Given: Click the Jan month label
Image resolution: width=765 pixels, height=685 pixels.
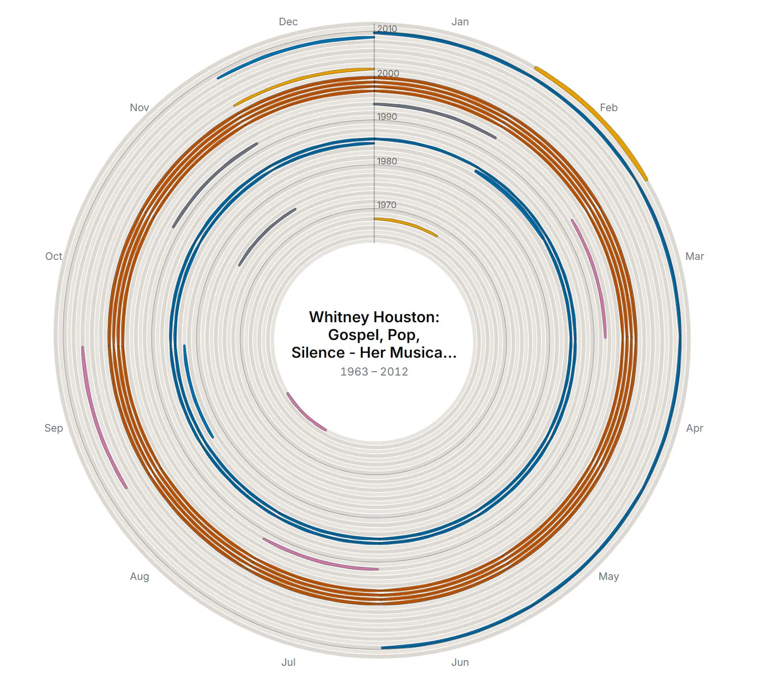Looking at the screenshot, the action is point(460,22).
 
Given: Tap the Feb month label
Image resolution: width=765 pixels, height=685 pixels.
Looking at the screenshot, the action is point(609,108).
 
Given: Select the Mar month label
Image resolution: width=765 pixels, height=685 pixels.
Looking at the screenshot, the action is point(695,257).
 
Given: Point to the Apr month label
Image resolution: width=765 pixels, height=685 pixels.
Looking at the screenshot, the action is point(695,428).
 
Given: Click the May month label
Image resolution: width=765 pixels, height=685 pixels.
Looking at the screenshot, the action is point(609,576).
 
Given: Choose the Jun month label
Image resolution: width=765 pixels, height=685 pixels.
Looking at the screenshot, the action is point(460,663).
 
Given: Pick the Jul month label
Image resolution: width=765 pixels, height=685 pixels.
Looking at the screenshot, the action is point(288,663).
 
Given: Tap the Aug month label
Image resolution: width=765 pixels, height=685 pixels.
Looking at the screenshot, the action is point(140,577).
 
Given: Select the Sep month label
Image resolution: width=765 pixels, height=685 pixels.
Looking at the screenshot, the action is point(54,428).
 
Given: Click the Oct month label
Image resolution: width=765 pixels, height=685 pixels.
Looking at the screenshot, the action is point(54,257).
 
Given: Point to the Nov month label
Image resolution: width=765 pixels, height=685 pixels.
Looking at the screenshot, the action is point(140,108).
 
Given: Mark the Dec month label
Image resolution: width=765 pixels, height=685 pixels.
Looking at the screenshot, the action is point(288,22).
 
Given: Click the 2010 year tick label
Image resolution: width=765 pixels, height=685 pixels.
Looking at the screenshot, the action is point(387,29).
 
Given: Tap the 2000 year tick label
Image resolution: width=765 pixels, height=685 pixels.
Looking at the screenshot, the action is point(388,74).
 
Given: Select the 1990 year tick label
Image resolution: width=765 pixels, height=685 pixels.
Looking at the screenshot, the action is point(387,117).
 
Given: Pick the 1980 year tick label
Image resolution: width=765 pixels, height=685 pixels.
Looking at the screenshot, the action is point(387,162).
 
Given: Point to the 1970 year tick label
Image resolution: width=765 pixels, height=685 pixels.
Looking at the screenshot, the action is point(386,205).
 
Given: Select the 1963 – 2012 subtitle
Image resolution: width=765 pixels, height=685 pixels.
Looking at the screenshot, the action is point(374,372).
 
